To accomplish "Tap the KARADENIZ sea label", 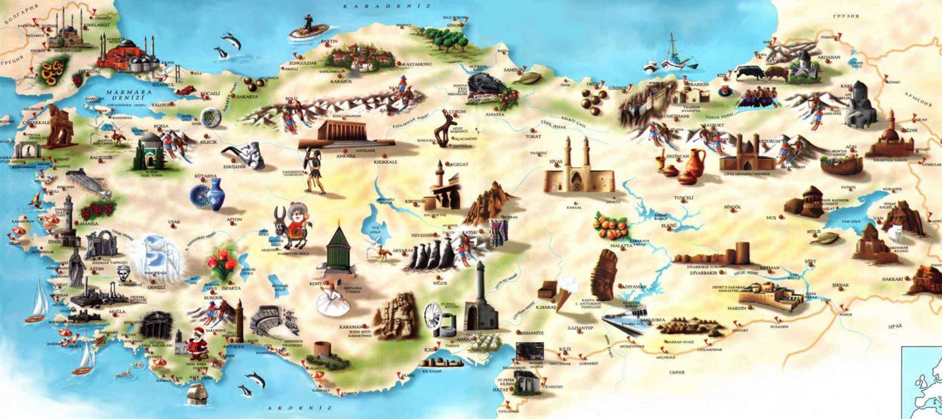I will click(387, 6).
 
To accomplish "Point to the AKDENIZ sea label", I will click(300, 408).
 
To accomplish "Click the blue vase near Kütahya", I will click(215, 194).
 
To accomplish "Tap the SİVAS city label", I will click(556, 161).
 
